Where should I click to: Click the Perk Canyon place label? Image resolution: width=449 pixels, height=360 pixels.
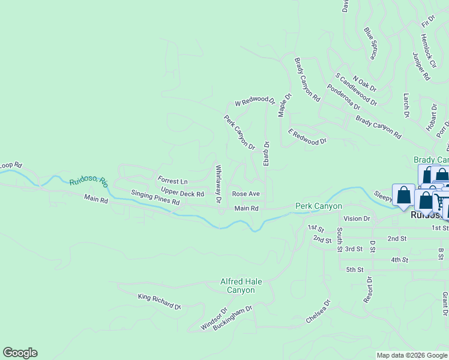point(318,206)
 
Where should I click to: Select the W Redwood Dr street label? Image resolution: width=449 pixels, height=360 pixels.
point(255,102)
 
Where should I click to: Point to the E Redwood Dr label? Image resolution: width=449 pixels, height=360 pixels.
point(307,137)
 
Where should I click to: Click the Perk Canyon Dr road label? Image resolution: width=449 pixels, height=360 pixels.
point(240,133)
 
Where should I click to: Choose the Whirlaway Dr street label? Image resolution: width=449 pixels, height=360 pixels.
point(218,183)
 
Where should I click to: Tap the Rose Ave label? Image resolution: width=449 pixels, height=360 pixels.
point(246,194)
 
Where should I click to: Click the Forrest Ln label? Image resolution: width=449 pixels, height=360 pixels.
point(173,181)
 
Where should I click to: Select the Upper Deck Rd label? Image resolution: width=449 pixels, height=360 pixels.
point(182,194)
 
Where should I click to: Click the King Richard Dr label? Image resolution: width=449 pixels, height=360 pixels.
point(159,301)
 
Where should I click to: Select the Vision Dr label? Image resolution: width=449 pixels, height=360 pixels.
point(357,218)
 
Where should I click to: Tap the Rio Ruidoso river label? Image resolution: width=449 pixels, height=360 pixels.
point(88,181)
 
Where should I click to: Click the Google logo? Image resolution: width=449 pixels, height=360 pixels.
point(20,353)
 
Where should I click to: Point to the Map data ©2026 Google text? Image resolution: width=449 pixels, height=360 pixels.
point(412,355)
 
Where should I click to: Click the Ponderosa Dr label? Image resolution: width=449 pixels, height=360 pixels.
point(343,97)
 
